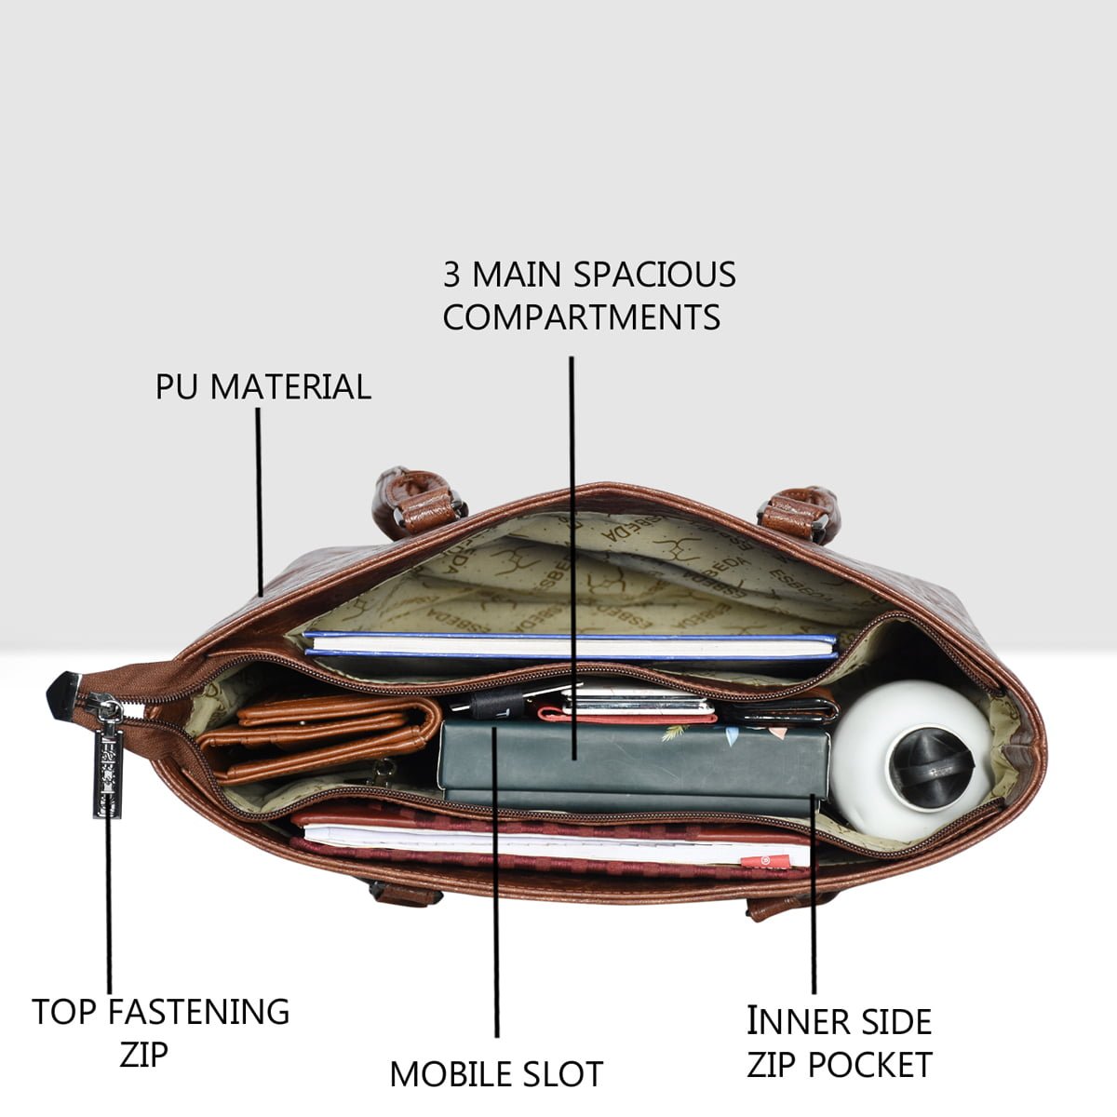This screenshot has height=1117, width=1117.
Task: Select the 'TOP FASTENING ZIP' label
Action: [160, 1031]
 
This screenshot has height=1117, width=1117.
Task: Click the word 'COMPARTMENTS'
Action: [582, 316]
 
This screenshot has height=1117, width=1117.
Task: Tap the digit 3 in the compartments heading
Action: [451, 275]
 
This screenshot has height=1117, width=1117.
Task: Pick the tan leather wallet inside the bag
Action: [319, 738]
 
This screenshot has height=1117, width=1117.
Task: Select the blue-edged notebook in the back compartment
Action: [571, 644]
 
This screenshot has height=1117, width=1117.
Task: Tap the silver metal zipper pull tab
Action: [108, 759]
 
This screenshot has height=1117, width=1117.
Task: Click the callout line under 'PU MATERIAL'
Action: [259, 502]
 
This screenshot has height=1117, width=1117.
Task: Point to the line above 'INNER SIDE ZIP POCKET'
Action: [814, 895]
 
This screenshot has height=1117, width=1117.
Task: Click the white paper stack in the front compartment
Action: [557, 843]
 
